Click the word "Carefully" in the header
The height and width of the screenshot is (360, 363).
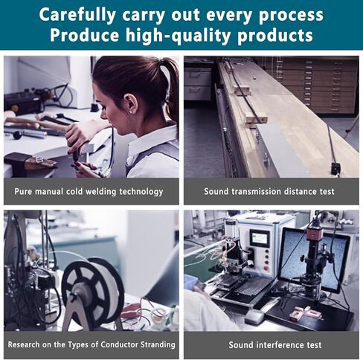pos(77,15)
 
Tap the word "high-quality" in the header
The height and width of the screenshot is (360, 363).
pos(178,36)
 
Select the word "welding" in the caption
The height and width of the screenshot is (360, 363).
pos(100,191)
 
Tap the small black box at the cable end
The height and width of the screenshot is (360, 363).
pos(335,169)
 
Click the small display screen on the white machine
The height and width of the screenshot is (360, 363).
pos(260,239)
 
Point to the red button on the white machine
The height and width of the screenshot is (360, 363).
pos(267,269)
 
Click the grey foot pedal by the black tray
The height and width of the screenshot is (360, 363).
pos(254,317)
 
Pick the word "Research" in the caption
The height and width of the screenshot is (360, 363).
pos(23,344)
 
